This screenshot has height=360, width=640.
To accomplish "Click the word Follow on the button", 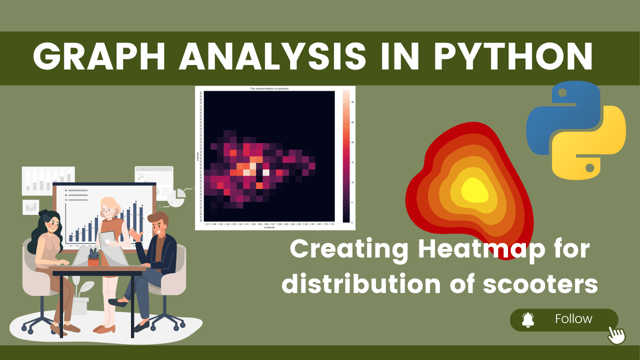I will (x=573, y=319).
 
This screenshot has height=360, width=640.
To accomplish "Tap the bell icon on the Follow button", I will (x=528, y=319).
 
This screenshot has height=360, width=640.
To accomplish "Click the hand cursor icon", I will (x=616, y=334).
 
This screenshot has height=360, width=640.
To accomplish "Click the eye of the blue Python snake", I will (x=561, y=93).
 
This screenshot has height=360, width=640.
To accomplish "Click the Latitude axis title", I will (x=198, y=156).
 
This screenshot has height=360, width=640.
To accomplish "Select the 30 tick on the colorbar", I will (x=352, y=102).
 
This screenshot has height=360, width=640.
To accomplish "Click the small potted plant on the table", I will (x=93, y=257).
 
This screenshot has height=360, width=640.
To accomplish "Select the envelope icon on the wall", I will (x=30, y=206).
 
